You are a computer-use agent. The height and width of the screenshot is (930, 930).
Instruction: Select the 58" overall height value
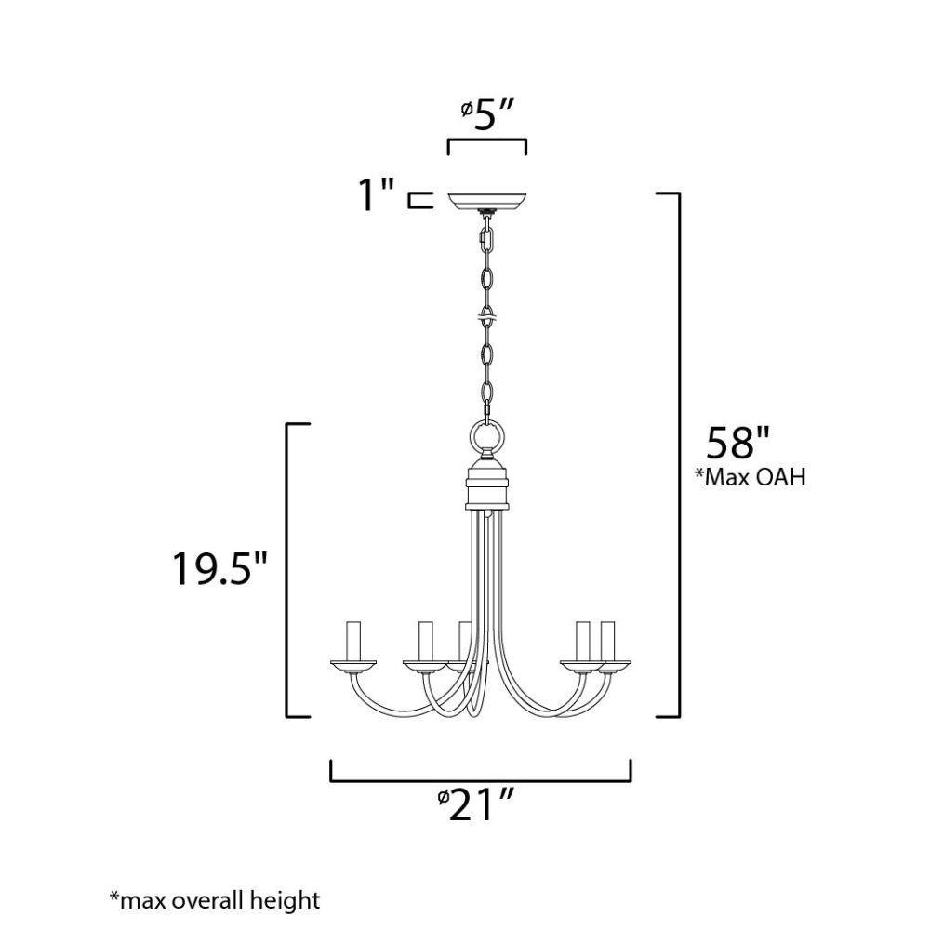[x=737, y=443]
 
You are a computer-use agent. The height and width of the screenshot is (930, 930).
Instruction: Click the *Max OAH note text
[x=751, y=477]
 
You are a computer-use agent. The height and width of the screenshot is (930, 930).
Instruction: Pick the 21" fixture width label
[x=475, y=806]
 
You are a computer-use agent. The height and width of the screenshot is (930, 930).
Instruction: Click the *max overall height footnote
[x=215, y=900]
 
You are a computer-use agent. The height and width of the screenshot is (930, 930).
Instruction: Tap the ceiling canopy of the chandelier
[x=487, y=201]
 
